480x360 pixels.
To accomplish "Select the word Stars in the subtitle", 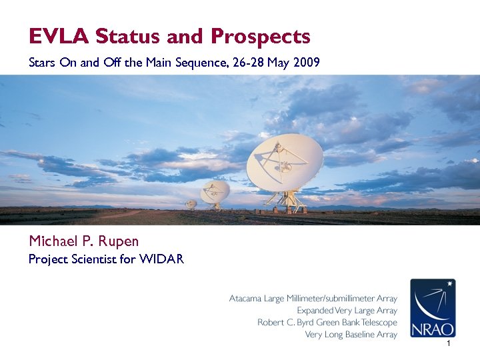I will coord(41,63).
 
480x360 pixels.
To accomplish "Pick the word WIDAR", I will coord(161,259).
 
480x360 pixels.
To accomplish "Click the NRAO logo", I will coord(433,307).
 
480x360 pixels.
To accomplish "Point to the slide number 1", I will coord(449,343).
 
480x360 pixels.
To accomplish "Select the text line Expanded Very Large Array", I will coord(347,311).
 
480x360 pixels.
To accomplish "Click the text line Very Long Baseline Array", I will coord(351,334).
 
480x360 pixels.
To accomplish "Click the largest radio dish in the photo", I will coord(285,161).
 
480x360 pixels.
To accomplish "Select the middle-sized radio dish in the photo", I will coord(215,191).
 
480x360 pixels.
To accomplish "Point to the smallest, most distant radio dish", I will coord(191,204).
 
